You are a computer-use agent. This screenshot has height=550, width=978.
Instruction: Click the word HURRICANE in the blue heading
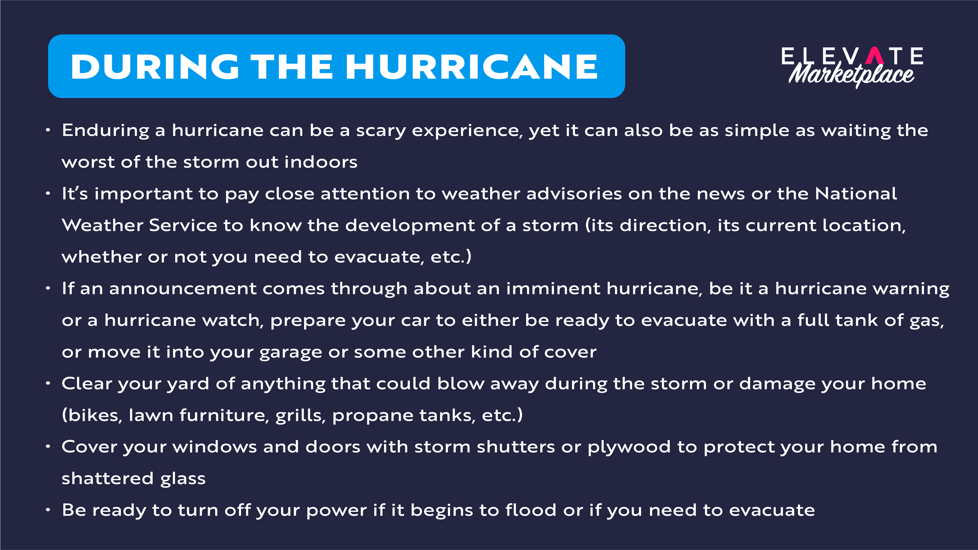(471, 67)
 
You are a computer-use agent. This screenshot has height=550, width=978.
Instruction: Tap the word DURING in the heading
(155, 67)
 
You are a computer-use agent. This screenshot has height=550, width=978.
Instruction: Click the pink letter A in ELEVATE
(875, 56)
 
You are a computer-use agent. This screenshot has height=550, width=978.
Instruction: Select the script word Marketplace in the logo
(852, 74)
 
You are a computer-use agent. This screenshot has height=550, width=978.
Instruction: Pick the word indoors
(321, 162)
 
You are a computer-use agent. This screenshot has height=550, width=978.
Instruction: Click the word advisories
(574, 193)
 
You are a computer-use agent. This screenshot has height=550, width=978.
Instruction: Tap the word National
(856, 193)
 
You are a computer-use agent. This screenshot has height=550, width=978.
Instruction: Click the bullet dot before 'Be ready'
(48, 510)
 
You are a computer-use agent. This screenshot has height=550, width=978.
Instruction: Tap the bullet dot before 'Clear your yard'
(48, 383)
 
